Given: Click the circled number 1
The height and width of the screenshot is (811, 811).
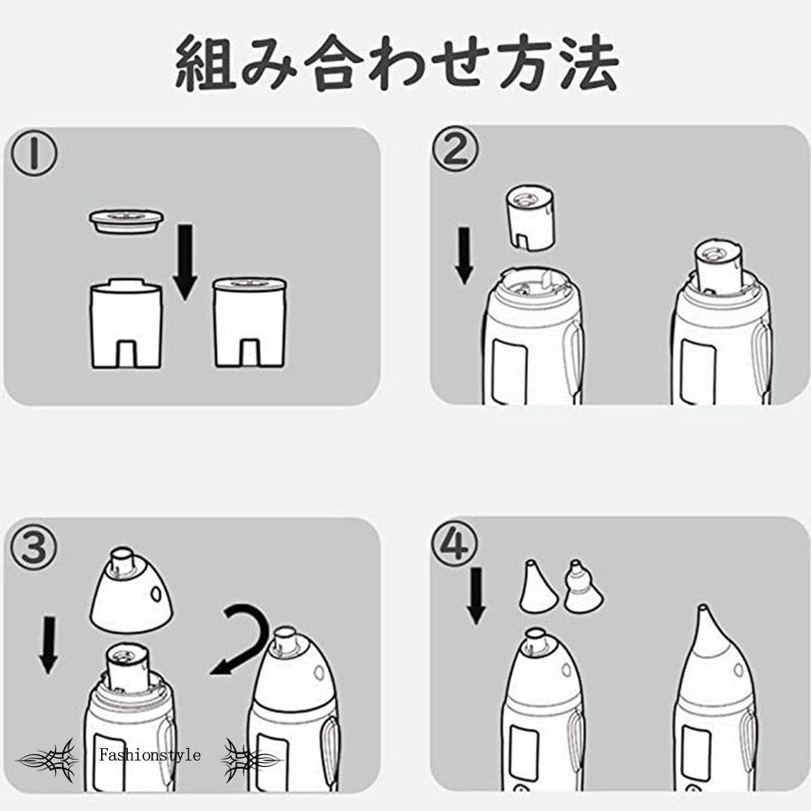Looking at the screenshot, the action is pos(34,153).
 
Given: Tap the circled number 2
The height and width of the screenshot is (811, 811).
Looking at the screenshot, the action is pos(455,150).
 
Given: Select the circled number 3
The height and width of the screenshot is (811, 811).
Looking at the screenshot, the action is pos(34,547).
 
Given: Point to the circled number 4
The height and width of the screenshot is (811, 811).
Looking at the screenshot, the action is pos(455,543).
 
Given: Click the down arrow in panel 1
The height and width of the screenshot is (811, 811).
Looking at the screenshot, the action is pos(185,262).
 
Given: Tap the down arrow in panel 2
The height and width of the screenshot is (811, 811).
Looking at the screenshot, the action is pos(464,256).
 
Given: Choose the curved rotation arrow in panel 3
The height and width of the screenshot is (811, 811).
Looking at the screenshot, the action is pos(243,640).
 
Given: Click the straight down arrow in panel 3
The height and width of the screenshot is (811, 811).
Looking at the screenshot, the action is pos(49,644).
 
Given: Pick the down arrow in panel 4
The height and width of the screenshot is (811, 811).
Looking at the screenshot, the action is pos(476,596).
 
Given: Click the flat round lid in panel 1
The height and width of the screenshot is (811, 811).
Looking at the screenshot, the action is pos(126,221).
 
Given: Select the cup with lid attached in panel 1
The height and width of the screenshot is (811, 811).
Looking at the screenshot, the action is pos(250,323).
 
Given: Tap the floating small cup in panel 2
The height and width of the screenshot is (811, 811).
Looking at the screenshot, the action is pos(531,218).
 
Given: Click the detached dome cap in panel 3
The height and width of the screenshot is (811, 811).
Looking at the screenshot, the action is pos(131,590).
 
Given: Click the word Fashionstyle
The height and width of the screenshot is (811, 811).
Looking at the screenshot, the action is pos(150,755).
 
